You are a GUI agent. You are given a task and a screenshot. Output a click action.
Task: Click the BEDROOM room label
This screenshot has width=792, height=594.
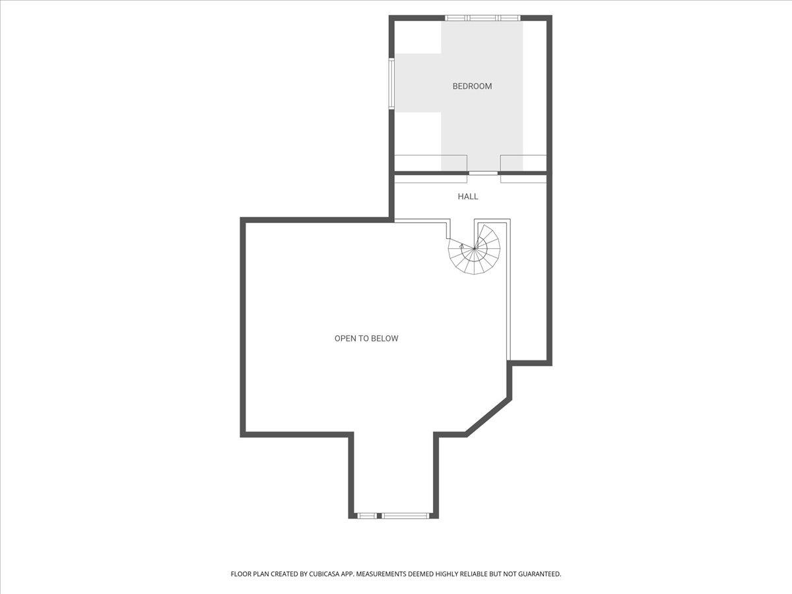coord(472,86)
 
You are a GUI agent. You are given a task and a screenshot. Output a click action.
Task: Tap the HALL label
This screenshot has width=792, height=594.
coord(468,197)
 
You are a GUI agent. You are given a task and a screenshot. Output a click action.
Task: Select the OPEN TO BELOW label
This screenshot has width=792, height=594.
coord(366,339)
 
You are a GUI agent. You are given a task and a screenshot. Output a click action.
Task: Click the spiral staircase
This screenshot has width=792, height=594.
coord(474,249)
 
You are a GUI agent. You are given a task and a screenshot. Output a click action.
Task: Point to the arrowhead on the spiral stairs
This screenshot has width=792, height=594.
coord(461,246)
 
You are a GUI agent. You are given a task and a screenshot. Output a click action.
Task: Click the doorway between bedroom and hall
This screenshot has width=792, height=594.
coord(483,173)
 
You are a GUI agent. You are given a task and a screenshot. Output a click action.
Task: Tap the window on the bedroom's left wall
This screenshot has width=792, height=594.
coord(391,83)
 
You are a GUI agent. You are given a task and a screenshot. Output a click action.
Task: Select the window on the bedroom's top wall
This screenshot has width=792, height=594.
coord(482,18)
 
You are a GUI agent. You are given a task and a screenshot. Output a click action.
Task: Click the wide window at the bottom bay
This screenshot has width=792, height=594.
coord(406,516)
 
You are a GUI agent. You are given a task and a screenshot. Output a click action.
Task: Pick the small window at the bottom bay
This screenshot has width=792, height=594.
coord(367,516)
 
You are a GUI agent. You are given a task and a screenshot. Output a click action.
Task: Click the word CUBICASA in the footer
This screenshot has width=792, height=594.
coord(323,574)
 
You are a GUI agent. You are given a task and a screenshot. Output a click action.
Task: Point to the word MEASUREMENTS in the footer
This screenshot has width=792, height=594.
coord(381,574)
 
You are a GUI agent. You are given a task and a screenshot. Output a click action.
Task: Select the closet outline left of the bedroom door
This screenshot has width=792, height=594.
coord(431,169)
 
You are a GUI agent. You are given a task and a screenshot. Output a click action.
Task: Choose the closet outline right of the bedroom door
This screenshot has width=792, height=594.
coord(523,169)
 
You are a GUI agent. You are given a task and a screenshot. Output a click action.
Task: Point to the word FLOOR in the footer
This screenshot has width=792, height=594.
coord(240,574)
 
